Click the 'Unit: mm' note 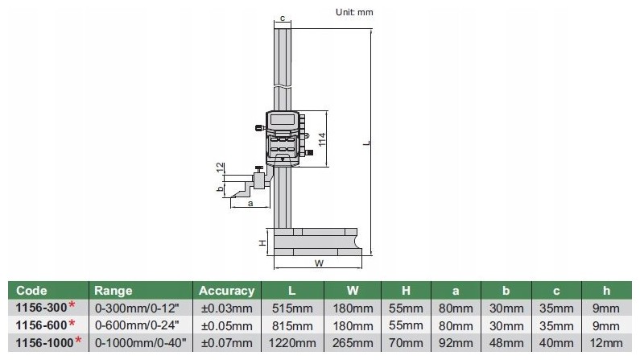click(x=354, y=12)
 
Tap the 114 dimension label click(x=322, y=139)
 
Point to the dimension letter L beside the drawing click(x=367, y=143)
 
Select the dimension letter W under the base click(x=319, y=263)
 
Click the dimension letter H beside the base click(x=262, y=242)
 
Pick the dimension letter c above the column click(x=283, y=19)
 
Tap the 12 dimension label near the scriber click(x=221, y=167)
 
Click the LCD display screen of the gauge click(x=281, y=120)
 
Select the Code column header click(x=31, y=291)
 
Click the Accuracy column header click(x=226, y=291)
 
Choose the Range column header click(x=113, y=291)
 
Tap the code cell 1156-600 click(x=41, y=325)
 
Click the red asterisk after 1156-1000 click(x=78, y=340)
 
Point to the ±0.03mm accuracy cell click(x=226, y=308)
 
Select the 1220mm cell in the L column click(x=292, y=343)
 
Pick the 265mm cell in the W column click(x=353, y=343)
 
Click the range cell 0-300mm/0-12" click(x=137, y=308)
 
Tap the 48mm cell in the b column click(x=506, y=343)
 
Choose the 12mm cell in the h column click(x=606, y=343)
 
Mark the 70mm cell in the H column click(x=406, y=343)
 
